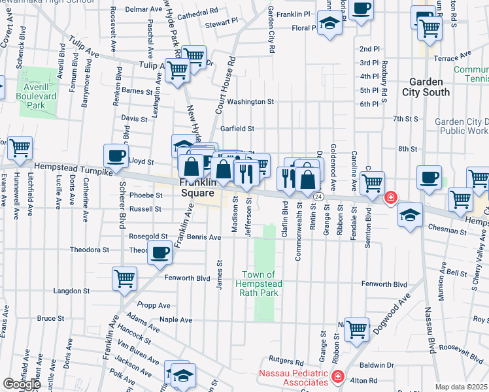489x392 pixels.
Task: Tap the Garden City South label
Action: (430, 87)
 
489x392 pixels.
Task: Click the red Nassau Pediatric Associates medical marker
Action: (337, 377)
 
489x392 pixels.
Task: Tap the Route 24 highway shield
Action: (318, 196)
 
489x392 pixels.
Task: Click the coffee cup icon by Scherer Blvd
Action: (116, 155)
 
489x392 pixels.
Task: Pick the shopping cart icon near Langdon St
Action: (124, 278)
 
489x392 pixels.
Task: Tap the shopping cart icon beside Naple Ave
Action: (357, 329)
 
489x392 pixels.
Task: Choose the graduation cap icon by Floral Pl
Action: (331, 24)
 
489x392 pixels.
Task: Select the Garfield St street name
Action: (237, 129)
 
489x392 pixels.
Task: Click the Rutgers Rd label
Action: (289, 359)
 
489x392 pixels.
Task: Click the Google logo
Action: (22, 384)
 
